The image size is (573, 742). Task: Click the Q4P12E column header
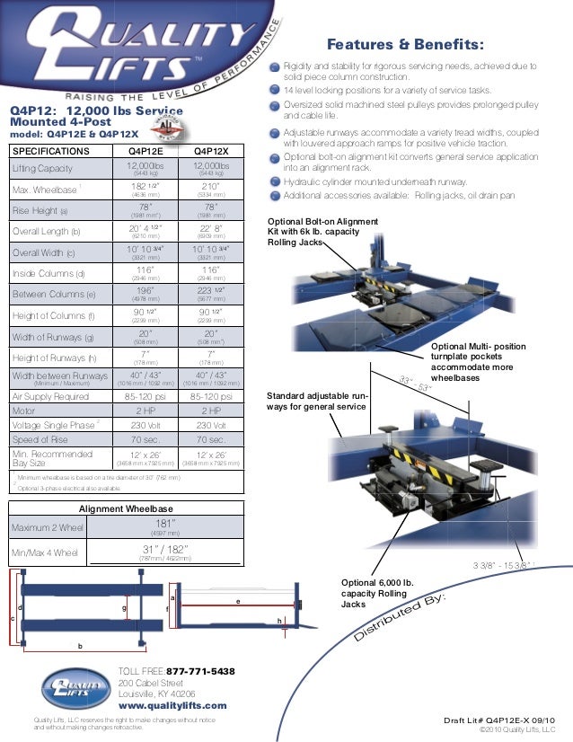pos(145,151)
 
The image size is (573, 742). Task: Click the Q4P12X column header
pos(211,151)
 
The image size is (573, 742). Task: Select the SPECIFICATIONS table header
pos(50,151)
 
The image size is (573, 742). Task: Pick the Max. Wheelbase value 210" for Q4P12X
pos(211,186)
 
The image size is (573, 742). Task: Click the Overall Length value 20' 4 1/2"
pos(145,228)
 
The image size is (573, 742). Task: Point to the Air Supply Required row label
pos(50,395)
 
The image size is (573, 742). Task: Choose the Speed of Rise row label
pos(43,439)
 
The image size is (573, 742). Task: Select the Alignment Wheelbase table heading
pos(126,508)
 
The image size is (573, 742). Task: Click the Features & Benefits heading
pos(405,46)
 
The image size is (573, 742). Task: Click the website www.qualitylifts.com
pos(173,706)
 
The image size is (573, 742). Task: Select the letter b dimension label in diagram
pos(81,646)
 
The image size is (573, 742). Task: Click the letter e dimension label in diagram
pos(237,601)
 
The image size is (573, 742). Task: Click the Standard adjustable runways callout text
pos(317,401)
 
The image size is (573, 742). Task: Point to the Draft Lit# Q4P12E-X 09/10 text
pos(499,720)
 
